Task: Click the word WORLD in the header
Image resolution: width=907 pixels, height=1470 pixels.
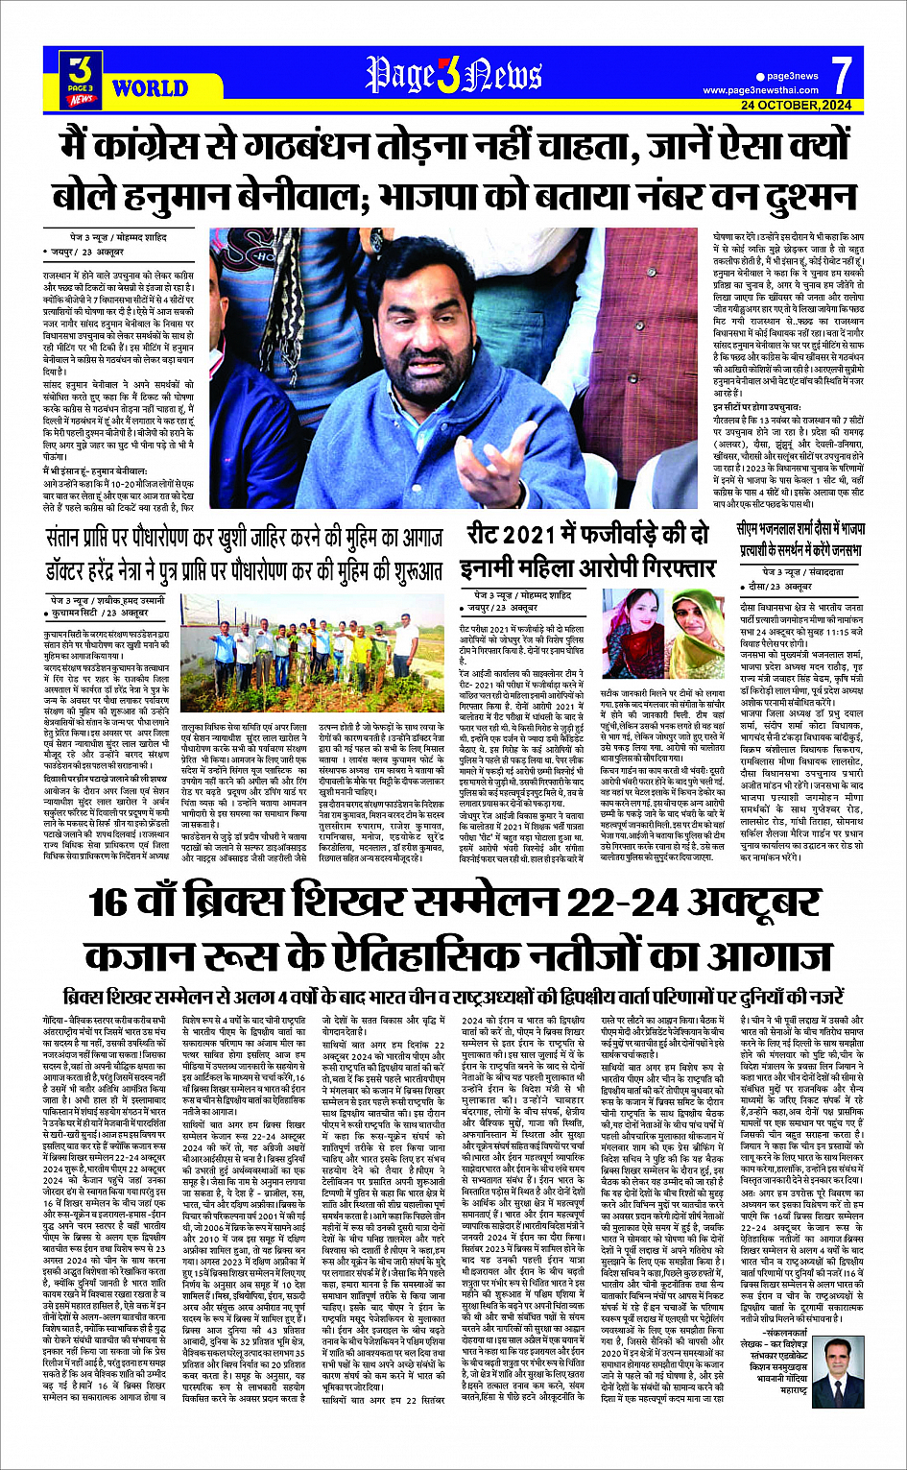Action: tap(150, 88)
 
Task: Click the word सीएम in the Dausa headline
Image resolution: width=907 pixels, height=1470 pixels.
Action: tap(752, 529)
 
